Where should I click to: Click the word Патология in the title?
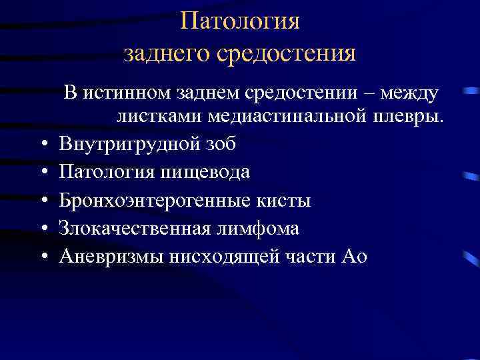point(240,22)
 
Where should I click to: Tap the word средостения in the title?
point(287,53)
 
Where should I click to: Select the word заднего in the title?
point(166,53)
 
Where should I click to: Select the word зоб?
point(218,144)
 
